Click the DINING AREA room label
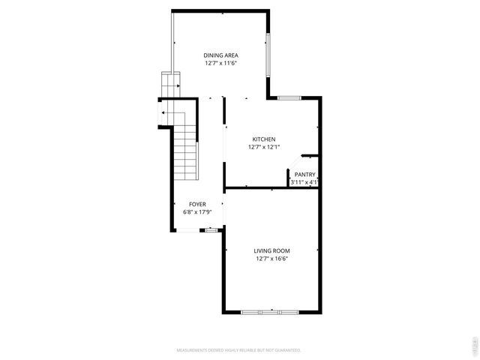pyautogui.click(x=221, y=55)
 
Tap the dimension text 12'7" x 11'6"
pyautogui.click(x=221, y=63)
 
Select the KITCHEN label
pyautogui.click(x=264, y=139)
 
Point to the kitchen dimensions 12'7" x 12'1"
pyautogui.click(x=264, y=147)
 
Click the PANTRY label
pyautogui.click(x=304, y=174)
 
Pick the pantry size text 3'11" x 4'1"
pyautogui.click(x=304, y=181)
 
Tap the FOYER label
pyautogui.click(x=197, y=204)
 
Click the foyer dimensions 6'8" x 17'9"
pyautogui.click(x=197, y=212)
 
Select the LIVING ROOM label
pyautogui.click(x=271, y=250)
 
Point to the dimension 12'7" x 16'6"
pyautogui.click(x=271, y=259)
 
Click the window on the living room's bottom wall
pyautogui.click(x=270, y=311)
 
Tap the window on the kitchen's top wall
pyautogui.click(x=289, y=97)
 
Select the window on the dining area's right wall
pyautogui.click(x=268, y=56)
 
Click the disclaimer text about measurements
pyautogui.click(x=238, y=349)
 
